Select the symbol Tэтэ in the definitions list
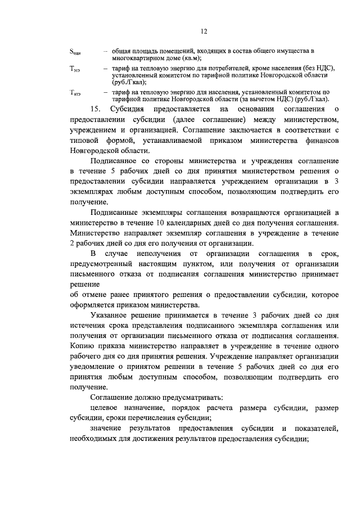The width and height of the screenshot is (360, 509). point(75,69)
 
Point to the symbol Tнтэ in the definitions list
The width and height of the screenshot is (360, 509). point(75,93)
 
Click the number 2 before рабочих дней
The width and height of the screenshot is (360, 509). point(73,244)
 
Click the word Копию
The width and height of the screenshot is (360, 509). point(82,348)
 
